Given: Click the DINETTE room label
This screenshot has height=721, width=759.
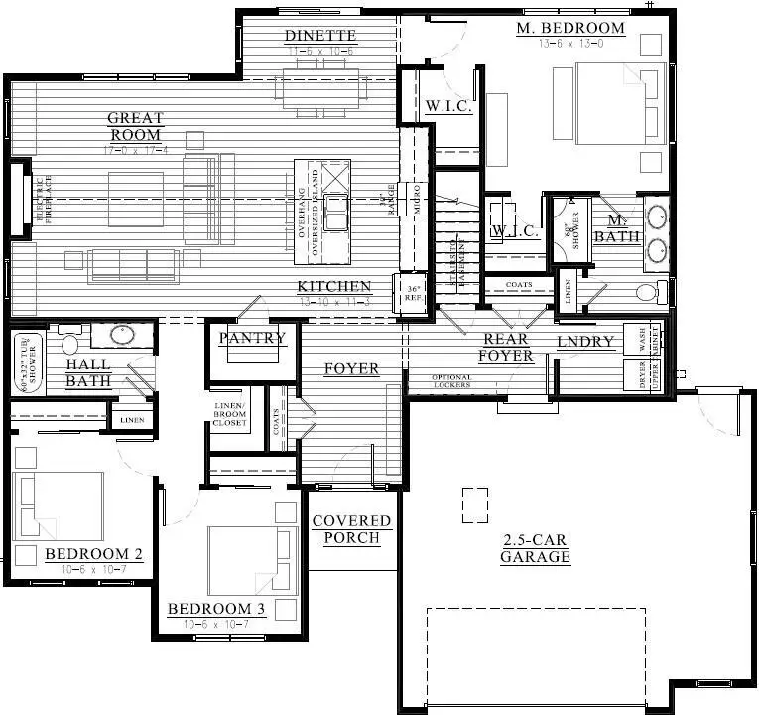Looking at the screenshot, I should point(319,37).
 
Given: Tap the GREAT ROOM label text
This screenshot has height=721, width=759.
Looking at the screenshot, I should point(136,127).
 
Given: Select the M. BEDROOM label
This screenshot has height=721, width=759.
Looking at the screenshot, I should point(570,28).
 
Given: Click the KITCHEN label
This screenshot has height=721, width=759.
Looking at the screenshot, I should point(335,287).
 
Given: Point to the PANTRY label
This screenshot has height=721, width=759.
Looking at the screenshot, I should point(252,338).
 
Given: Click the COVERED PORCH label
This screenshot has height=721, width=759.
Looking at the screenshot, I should point(351,529).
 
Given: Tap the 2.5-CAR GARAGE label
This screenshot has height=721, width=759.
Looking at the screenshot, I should point(535,548).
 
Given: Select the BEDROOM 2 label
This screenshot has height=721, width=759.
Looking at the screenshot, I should point(87,554).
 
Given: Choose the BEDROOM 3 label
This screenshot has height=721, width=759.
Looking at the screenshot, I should point(215,609).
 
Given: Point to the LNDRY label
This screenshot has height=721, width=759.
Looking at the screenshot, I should point(585,343).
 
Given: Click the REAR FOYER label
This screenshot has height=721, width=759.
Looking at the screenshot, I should point(505,347).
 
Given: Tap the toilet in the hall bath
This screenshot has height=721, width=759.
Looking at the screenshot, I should point(70,344).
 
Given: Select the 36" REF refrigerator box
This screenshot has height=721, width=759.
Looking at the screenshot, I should point(415,294).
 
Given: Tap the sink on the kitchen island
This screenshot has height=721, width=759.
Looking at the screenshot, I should point(338,211).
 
